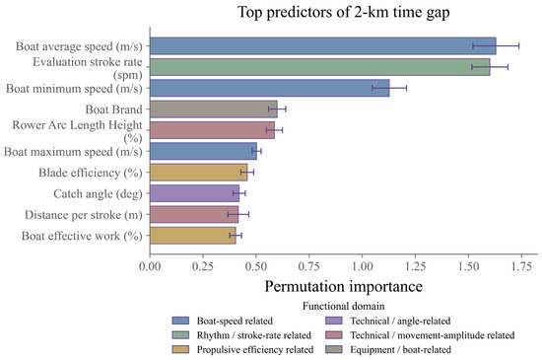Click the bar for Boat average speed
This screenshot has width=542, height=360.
click(323, 46)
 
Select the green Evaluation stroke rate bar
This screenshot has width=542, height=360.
click(320, 67)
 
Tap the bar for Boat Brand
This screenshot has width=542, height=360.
click(214, 109)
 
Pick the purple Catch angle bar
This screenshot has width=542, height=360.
click(194, 193)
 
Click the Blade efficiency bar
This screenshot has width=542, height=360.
click(199, 173)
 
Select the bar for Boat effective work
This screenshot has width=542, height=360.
click(193, 236)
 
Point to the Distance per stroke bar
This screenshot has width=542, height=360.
click(194, 214)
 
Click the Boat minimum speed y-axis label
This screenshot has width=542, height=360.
click(74, 89)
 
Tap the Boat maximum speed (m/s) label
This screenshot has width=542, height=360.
click(73, 152)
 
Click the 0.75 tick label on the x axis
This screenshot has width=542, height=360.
click(309, 266)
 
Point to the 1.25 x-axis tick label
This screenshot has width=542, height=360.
click(415, 266)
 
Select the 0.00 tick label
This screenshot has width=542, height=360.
click(150, 266)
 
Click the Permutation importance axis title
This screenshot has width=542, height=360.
click(344, 287)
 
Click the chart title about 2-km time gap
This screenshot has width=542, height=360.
click(344, 12)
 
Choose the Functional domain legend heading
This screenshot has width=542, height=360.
click(344, 306)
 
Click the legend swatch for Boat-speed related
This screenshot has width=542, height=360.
click(180, 321)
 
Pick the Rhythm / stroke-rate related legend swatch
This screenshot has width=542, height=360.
click(180, 334)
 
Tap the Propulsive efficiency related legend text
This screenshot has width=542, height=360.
click(255, 349)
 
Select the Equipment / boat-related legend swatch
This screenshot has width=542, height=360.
click(334, 349)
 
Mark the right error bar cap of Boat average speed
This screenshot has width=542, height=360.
click(518, 46)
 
